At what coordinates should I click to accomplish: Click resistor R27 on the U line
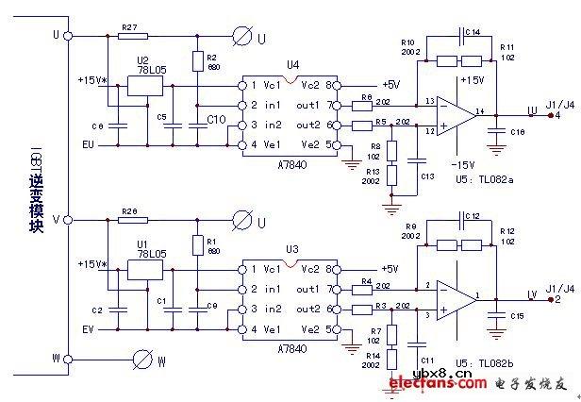(133, 37)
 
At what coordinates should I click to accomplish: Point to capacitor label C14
(473, 32)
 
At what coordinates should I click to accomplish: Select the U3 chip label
(292, 248)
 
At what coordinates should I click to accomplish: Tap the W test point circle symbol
(143, 360)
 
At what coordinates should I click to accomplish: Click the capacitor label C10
(215, 119)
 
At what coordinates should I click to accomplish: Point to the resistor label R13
(374, 173)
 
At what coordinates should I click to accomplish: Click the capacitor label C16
(518, 134)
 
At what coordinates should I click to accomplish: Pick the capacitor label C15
(517, 316)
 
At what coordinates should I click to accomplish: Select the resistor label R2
(213, 57)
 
